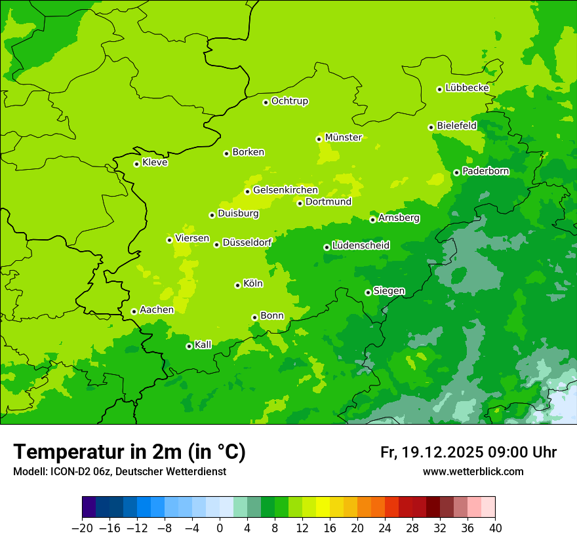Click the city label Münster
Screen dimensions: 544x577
coord(343,138)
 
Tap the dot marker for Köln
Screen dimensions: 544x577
coord(237,285)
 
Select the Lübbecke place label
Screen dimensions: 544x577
coord(467,88)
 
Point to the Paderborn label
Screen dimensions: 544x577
coord(485,171)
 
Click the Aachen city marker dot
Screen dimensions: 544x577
coord(134,311)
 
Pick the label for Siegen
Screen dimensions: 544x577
coord(389,291)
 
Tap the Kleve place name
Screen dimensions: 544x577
coord(155,163)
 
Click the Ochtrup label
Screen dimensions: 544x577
coord(289,101)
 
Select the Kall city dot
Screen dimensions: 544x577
coord(189,346)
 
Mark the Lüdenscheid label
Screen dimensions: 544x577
coord(361,246)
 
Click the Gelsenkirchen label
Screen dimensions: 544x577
coord(285,190)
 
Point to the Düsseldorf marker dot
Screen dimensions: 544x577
coord(216,244)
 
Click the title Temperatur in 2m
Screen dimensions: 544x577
coord(129,452)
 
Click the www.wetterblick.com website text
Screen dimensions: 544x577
coord(473,471)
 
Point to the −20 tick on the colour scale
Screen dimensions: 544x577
coord(82,528)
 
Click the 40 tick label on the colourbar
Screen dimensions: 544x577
coord(495,528)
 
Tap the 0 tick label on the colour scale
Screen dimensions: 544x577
coord(220,528)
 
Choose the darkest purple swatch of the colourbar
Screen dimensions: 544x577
coord(89,507)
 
